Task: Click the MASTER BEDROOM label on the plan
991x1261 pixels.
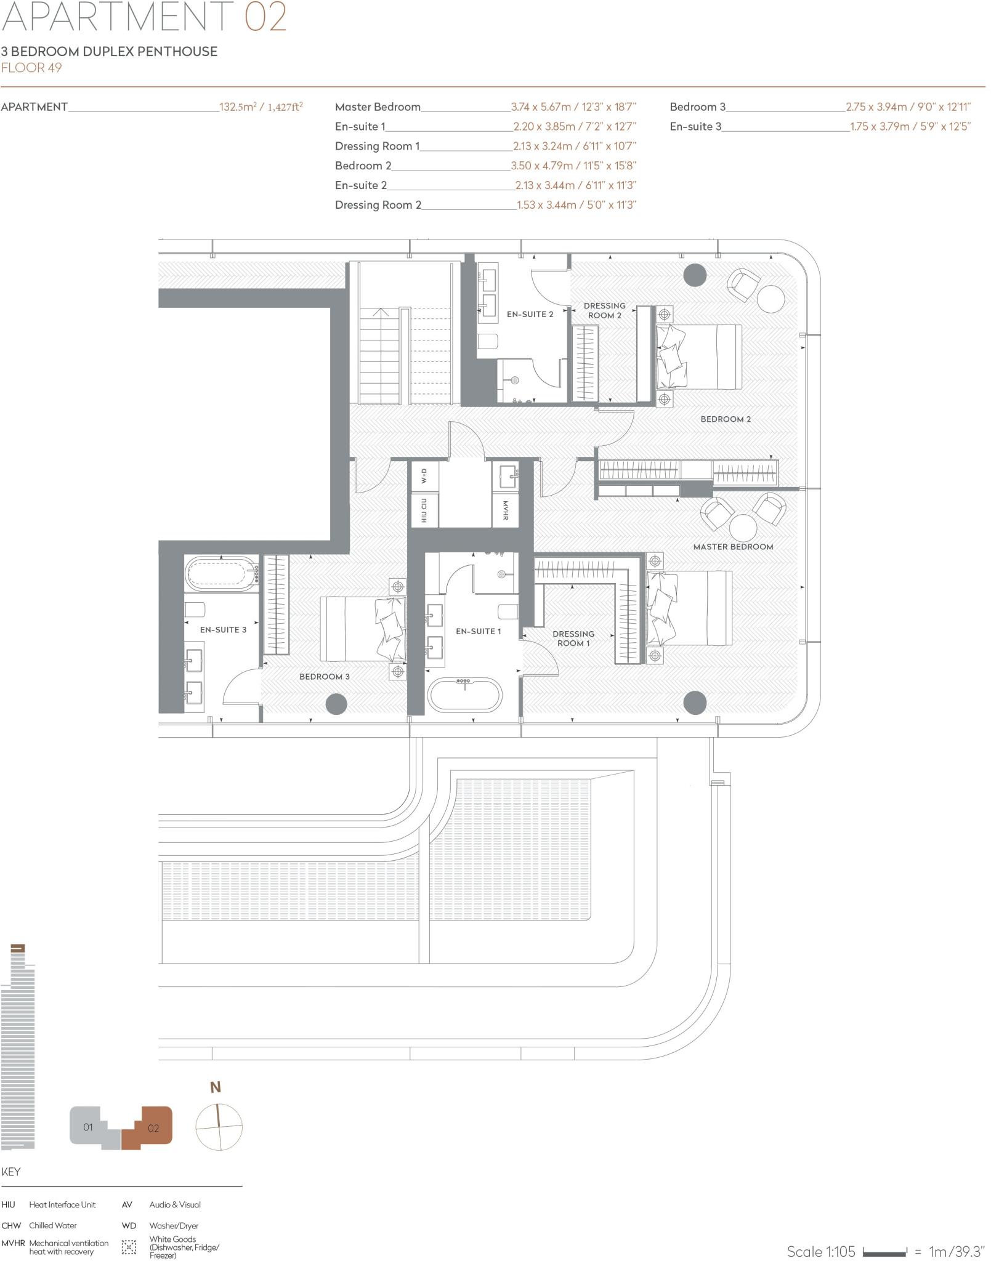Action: click(733, 547)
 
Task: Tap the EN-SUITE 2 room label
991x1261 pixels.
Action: click(530, 314)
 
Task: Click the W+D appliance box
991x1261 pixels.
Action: click(424, 476)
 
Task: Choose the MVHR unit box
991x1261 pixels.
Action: click(505, 510)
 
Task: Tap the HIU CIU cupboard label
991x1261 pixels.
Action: click(424, 510)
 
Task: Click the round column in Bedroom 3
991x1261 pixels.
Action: click(336, 703)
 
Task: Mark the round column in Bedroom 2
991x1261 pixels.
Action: click(695, 275)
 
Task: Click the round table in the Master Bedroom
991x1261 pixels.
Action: click(743, 528)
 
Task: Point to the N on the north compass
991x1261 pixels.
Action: click(216, 1105)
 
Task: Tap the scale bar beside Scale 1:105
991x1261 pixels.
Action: click(884, 1252)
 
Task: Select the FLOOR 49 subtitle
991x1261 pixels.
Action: click(31, 68)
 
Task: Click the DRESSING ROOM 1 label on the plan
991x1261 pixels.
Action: click(573, 639)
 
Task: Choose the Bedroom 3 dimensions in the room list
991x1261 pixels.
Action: click(908, 107)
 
